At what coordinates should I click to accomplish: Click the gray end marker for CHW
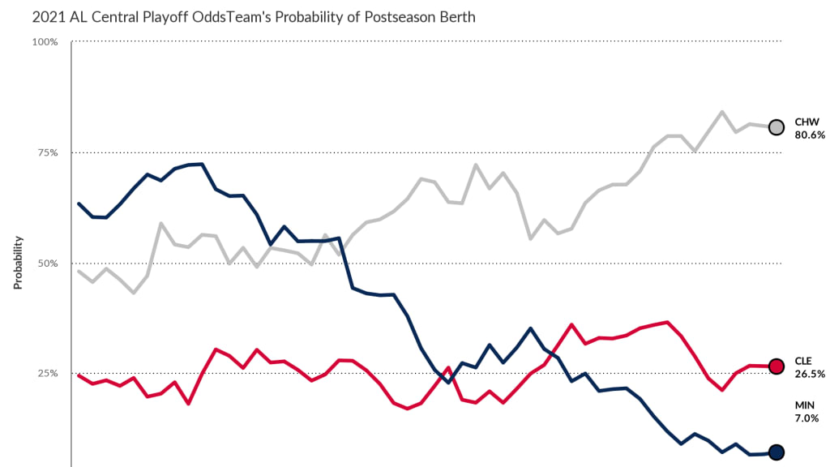coord(776,127)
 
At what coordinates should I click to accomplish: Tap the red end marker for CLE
coord(776,366)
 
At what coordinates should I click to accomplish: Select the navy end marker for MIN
coord(776,452)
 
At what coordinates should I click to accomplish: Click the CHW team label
coord(807,122)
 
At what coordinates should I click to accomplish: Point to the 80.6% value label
coord(810,135)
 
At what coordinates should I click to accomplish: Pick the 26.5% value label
coord(810,374)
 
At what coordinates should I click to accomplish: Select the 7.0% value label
coord(806,418)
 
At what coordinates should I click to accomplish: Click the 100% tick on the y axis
coord(44,41)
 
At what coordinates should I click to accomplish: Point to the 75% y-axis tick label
coord(46,152)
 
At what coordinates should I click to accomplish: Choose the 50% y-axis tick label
coord(46,263)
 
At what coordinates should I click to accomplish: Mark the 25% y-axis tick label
coord(46,374)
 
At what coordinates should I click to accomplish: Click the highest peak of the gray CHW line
coord(721,112)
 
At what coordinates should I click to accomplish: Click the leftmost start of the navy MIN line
coord(79,204)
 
